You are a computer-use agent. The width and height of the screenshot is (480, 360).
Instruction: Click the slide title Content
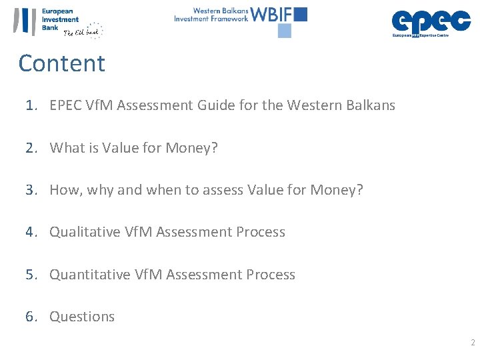(x=62, y=63)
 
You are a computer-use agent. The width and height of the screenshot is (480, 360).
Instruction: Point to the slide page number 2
(x=473, y=343)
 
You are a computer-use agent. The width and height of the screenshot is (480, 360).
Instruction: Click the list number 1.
(x=30, y=105)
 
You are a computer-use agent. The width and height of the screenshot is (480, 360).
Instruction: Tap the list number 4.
(x=30, y=232)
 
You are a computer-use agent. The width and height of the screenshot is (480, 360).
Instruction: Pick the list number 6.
(x=30, y=317)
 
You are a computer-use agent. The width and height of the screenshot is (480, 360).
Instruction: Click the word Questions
(x=82, y=317)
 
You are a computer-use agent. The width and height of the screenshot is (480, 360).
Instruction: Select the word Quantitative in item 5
(x=90, y=275)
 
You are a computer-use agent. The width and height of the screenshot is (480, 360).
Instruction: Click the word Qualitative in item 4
(x=85, y=232)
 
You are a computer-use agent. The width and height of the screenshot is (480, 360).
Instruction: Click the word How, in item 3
(x=65, y=190)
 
